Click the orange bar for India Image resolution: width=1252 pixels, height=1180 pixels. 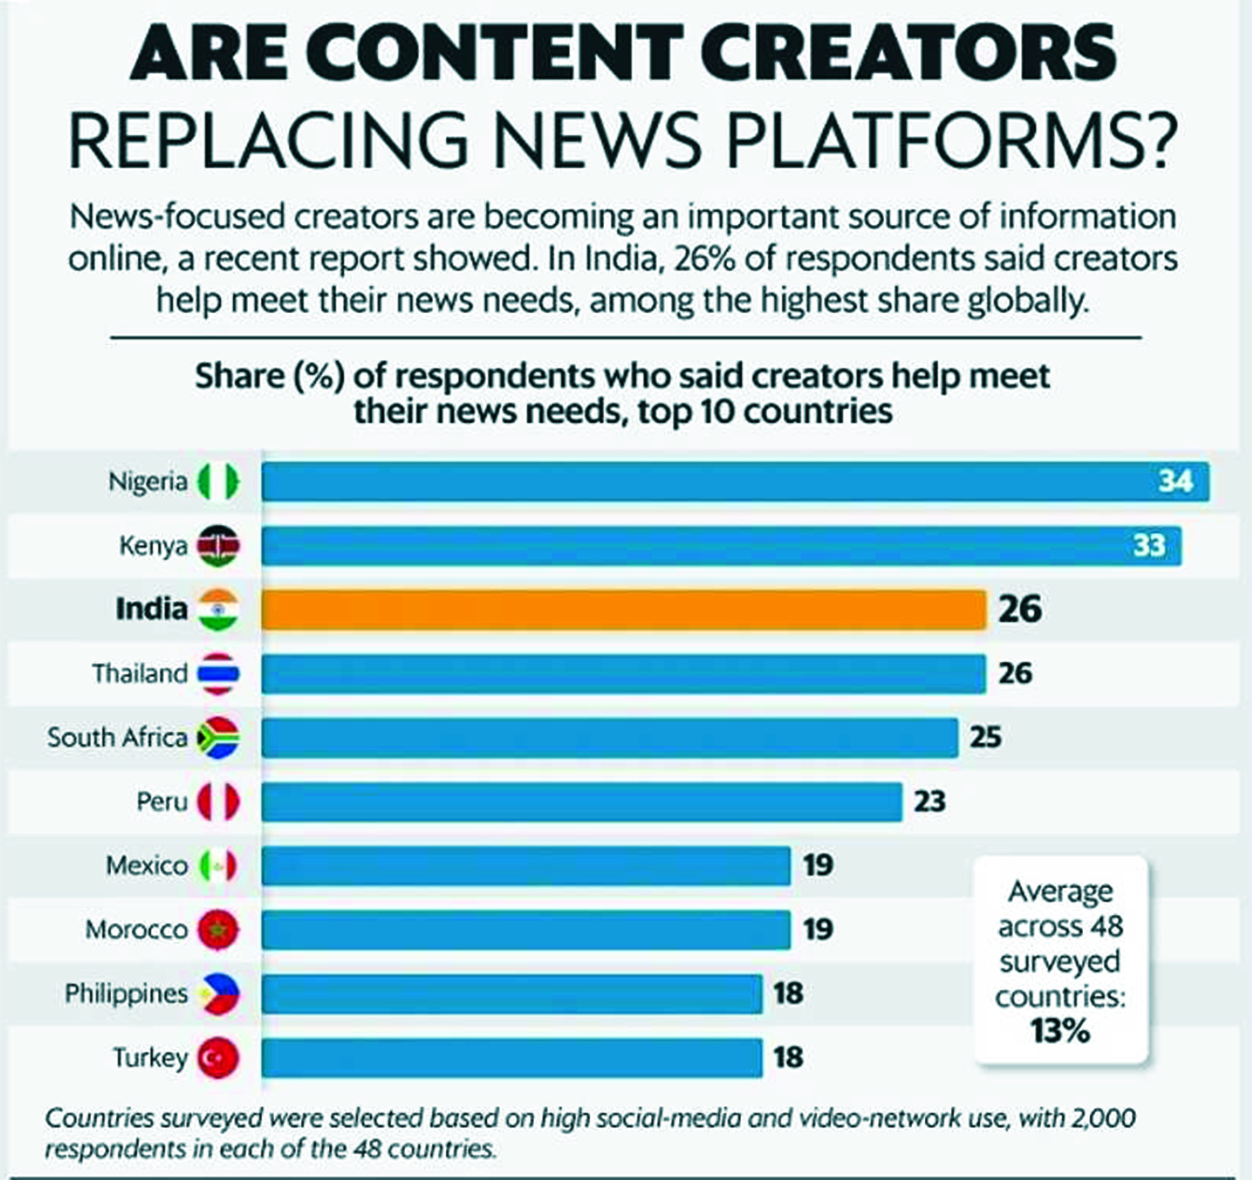[624, 609]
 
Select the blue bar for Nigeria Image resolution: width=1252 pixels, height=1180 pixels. [736, 481]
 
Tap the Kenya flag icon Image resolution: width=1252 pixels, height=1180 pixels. [218, 545]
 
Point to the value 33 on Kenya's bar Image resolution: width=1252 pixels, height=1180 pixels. [1149, 545]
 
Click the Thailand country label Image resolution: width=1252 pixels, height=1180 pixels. [140, 673]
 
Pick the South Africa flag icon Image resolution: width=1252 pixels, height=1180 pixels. [218, 738]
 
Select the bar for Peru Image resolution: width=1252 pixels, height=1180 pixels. [581, 802]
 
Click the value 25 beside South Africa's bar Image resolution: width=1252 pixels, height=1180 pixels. [986, 738]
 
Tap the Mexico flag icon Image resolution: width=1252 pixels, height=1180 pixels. [218, 866]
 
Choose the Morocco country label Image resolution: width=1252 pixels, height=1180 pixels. [136, 930]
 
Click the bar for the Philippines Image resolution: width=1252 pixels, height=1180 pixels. [512, 993]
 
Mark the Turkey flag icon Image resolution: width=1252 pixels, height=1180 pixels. [218, 1058]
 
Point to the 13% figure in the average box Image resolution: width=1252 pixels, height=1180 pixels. [1060, 1031]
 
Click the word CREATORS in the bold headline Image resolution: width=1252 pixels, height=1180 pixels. [908, 52]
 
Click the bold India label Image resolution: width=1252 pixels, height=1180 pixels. [151, 609]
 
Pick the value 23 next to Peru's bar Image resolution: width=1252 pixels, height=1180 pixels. [929, 802]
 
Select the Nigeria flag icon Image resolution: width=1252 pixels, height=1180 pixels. [218, 481]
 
